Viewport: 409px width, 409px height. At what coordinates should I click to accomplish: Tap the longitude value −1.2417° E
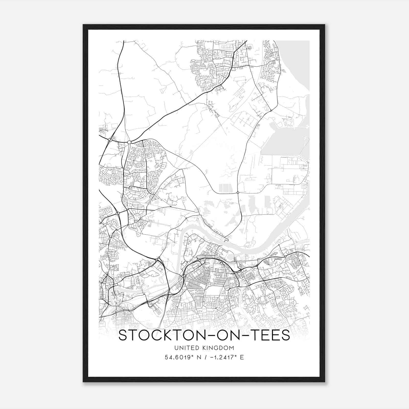[x=227, y=357]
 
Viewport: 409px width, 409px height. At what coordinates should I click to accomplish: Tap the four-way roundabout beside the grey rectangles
[x=238, y=192]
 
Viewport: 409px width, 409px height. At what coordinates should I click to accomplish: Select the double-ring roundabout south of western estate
[x=153, y=197]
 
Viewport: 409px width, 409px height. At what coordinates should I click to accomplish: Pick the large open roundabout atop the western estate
[x=129, y=142]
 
